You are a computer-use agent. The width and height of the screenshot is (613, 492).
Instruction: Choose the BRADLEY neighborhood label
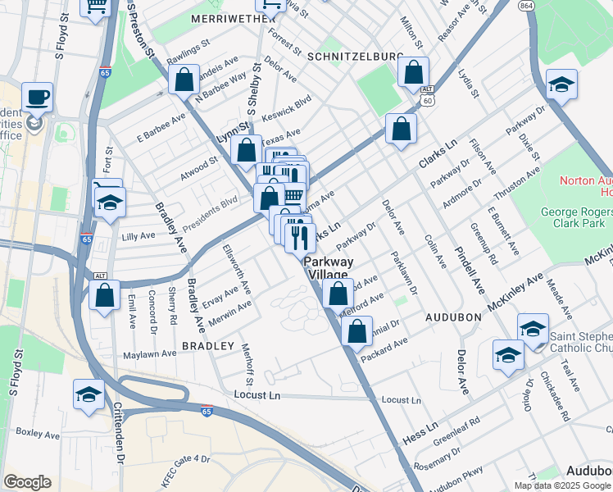click(208, 346)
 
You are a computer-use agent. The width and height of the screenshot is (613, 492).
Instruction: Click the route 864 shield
click(526, 5)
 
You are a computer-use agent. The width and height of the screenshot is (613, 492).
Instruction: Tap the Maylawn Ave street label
click(149, 355)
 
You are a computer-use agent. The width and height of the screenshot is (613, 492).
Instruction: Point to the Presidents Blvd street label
click(209, 203)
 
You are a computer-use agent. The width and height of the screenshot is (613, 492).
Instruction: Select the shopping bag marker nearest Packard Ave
click(356, 332)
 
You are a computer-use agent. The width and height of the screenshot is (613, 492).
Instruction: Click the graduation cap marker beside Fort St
click(109, 203)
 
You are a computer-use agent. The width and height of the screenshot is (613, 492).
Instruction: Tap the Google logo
click(27, 482)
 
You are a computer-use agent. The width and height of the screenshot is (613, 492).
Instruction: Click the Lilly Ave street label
click(138, 236)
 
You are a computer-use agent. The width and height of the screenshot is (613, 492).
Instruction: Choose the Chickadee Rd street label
click(554, 397)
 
